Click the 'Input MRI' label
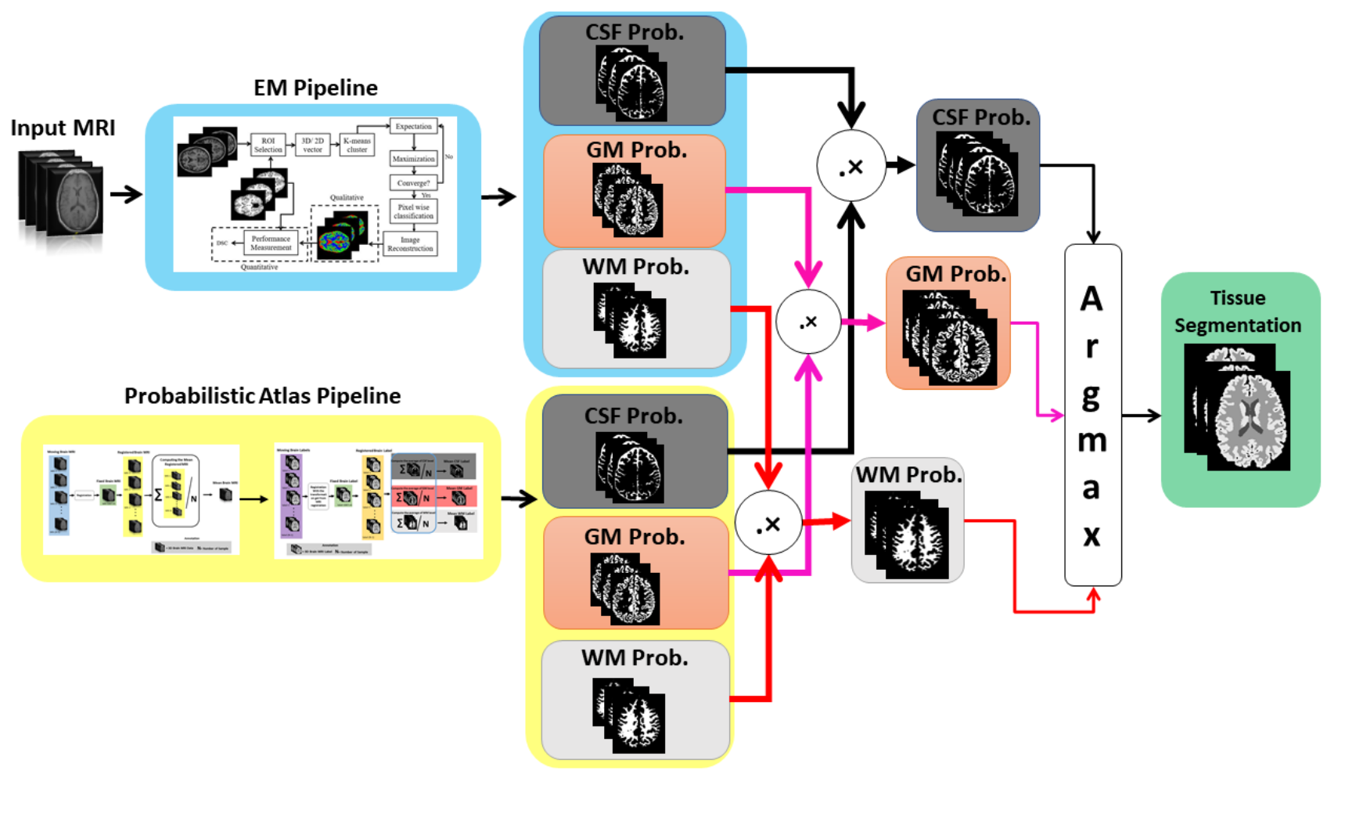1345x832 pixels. click(x=63, y=128)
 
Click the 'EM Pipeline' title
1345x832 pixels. click(x=315, y=88)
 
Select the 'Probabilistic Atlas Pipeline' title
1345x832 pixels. click(x=262, y=396)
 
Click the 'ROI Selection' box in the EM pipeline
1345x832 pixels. click(x=268, y=145)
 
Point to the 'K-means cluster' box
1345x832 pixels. click(x=357, y=145)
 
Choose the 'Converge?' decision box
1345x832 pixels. click(x=413, y=183)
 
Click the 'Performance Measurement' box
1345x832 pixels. click(x=271, y=243)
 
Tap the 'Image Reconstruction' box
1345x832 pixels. click(x=410, y=244)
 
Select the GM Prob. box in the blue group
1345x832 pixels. click(x=635, y=191)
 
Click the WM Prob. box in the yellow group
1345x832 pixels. click(x=635, y=700)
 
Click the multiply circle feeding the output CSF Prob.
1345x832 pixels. click(x=851, y=166)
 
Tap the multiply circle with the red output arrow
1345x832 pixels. click(x=768, y=524)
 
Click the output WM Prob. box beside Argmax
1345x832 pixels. click(x=908, y=520)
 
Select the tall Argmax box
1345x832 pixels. click(x=1092, y=415)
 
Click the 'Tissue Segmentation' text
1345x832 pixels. click(x=1237, y=312)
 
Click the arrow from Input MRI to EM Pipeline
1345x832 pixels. click(x=125, y=194)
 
